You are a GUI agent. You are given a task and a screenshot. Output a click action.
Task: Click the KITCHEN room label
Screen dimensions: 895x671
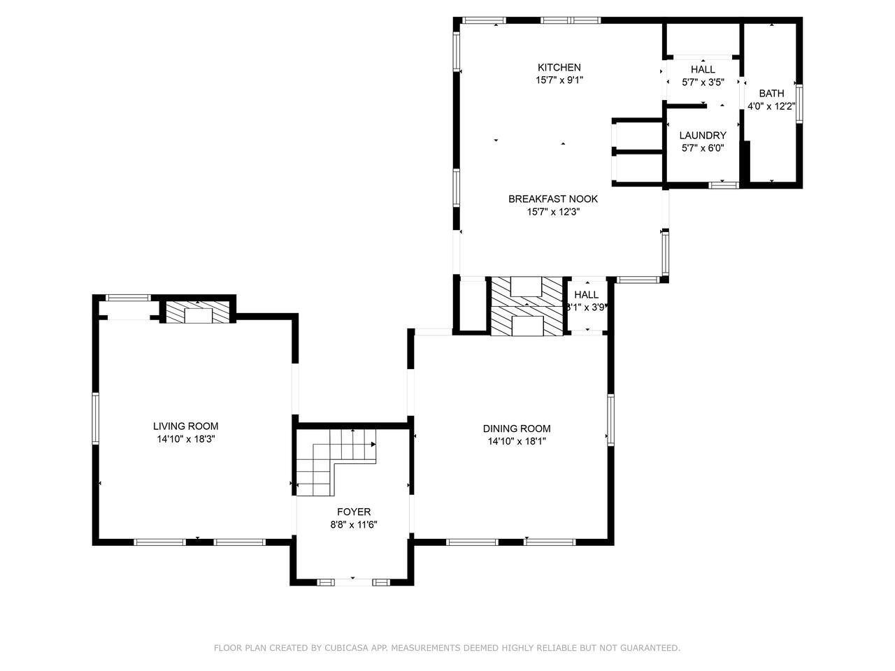(x=559, y=68)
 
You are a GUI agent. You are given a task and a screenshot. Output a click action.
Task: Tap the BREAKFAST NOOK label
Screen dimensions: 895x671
(x=553, y=199)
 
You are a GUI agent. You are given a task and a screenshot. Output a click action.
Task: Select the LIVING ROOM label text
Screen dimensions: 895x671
(x=186, y=426)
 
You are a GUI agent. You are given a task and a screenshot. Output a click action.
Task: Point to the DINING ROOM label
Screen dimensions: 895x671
(x=517, y=428)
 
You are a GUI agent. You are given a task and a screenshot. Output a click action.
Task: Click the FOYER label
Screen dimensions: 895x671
(x=354, y=512)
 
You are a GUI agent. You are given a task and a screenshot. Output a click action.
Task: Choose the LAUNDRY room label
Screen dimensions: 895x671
(x=703, y=136)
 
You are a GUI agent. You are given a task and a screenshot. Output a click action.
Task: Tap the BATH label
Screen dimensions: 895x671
(x=771, y=93)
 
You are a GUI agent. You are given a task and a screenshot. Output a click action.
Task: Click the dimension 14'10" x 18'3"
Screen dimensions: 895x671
(x=186, y=439)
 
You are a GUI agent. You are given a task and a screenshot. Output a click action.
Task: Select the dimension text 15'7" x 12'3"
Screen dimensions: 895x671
(x=553, y=212)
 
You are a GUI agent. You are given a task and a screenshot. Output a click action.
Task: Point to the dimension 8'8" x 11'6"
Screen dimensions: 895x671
(x=354, y=525)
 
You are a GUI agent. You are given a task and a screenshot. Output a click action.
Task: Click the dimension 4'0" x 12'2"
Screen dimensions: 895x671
(x=771, y=106)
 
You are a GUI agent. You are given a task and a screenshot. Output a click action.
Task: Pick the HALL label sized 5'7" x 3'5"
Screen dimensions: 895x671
(x=703, y=69)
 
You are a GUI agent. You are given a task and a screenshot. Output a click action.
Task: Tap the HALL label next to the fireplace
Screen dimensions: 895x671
(x=587, y=294)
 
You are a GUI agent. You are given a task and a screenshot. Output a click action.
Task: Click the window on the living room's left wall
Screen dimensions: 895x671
(x=95, y=418)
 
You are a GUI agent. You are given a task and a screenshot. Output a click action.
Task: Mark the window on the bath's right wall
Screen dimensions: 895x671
(x=799, y=104)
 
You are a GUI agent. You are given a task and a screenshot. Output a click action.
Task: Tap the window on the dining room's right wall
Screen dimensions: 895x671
(x=610, y=420)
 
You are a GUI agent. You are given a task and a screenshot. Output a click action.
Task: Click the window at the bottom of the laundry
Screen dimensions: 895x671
(x=724, y=185)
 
